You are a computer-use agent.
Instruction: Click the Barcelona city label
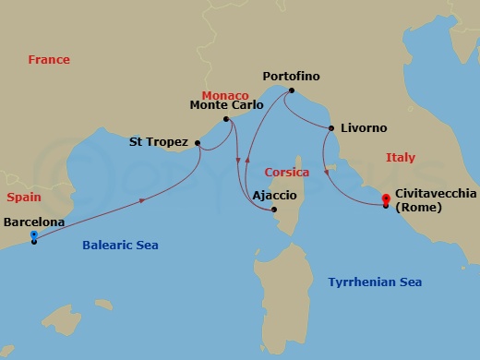pos(34,222)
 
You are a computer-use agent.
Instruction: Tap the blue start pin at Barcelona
pos(34,236)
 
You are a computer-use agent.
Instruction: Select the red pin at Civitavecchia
pos(387,200)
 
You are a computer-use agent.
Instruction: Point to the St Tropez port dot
pos(198,142)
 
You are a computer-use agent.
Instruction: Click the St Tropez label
pos(159,142)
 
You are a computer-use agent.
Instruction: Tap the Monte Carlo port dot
pos(226,119)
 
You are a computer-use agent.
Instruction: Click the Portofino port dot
pos(291,90)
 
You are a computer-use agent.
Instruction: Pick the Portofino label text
pos(292,76)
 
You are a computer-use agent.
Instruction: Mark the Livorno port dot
pos(330,127)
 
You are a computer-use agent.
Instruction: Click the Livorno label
pos(364,127)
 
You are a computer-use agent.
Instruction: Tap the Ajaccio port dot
pos(274,210)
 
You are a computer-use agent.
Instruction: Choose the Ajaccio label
pos(274,195)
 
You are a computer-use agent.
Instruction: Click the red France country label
pos(49,59)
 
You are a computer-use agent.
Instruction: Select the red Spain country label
pos(22,198)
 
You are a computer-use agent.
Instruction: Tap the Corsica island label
pos(286,172)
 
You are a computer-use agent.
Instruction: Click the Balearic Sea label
pos(120,246)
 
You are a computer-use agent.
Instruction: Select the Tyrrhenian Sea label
pos(375,282)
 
